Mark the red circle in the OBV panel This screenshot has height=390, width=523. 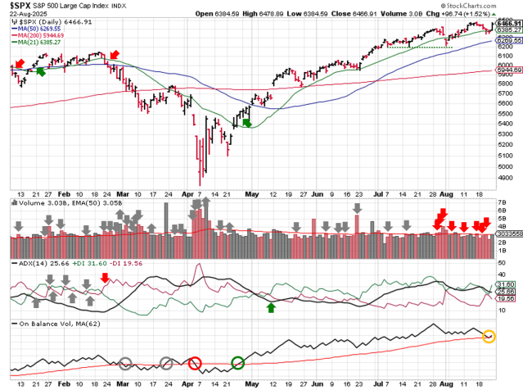pyautogui.click(x=195, y=363)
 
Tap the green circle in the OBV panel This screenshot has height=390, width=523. pyautogui.click(x=237, y=363)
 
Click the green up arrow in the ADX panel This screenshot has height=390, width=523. pyautogui.click(x=271, y=307)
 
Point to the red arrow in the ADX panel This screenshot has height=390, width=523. pyautogui.click(x=104, y=279)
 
